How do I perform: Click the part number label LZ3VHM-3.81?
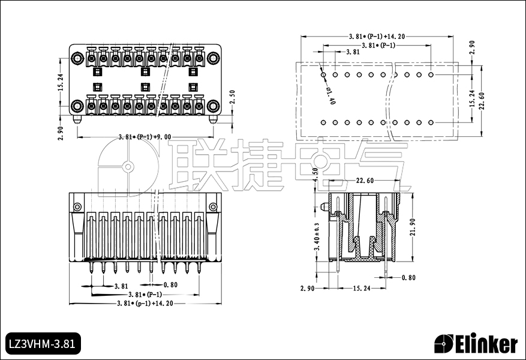41,344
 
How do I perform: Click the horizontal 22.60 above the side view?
365,181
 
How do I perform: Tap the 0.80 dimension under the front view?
170,285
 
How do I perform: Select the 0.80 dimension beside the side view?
408,277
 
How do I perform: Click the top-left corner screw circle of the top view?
77,58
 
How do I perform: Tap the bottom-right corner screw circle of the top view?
213,106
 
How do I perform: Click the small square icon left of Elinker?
444,344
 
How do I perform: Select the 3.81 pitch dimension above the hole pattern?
353,52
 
